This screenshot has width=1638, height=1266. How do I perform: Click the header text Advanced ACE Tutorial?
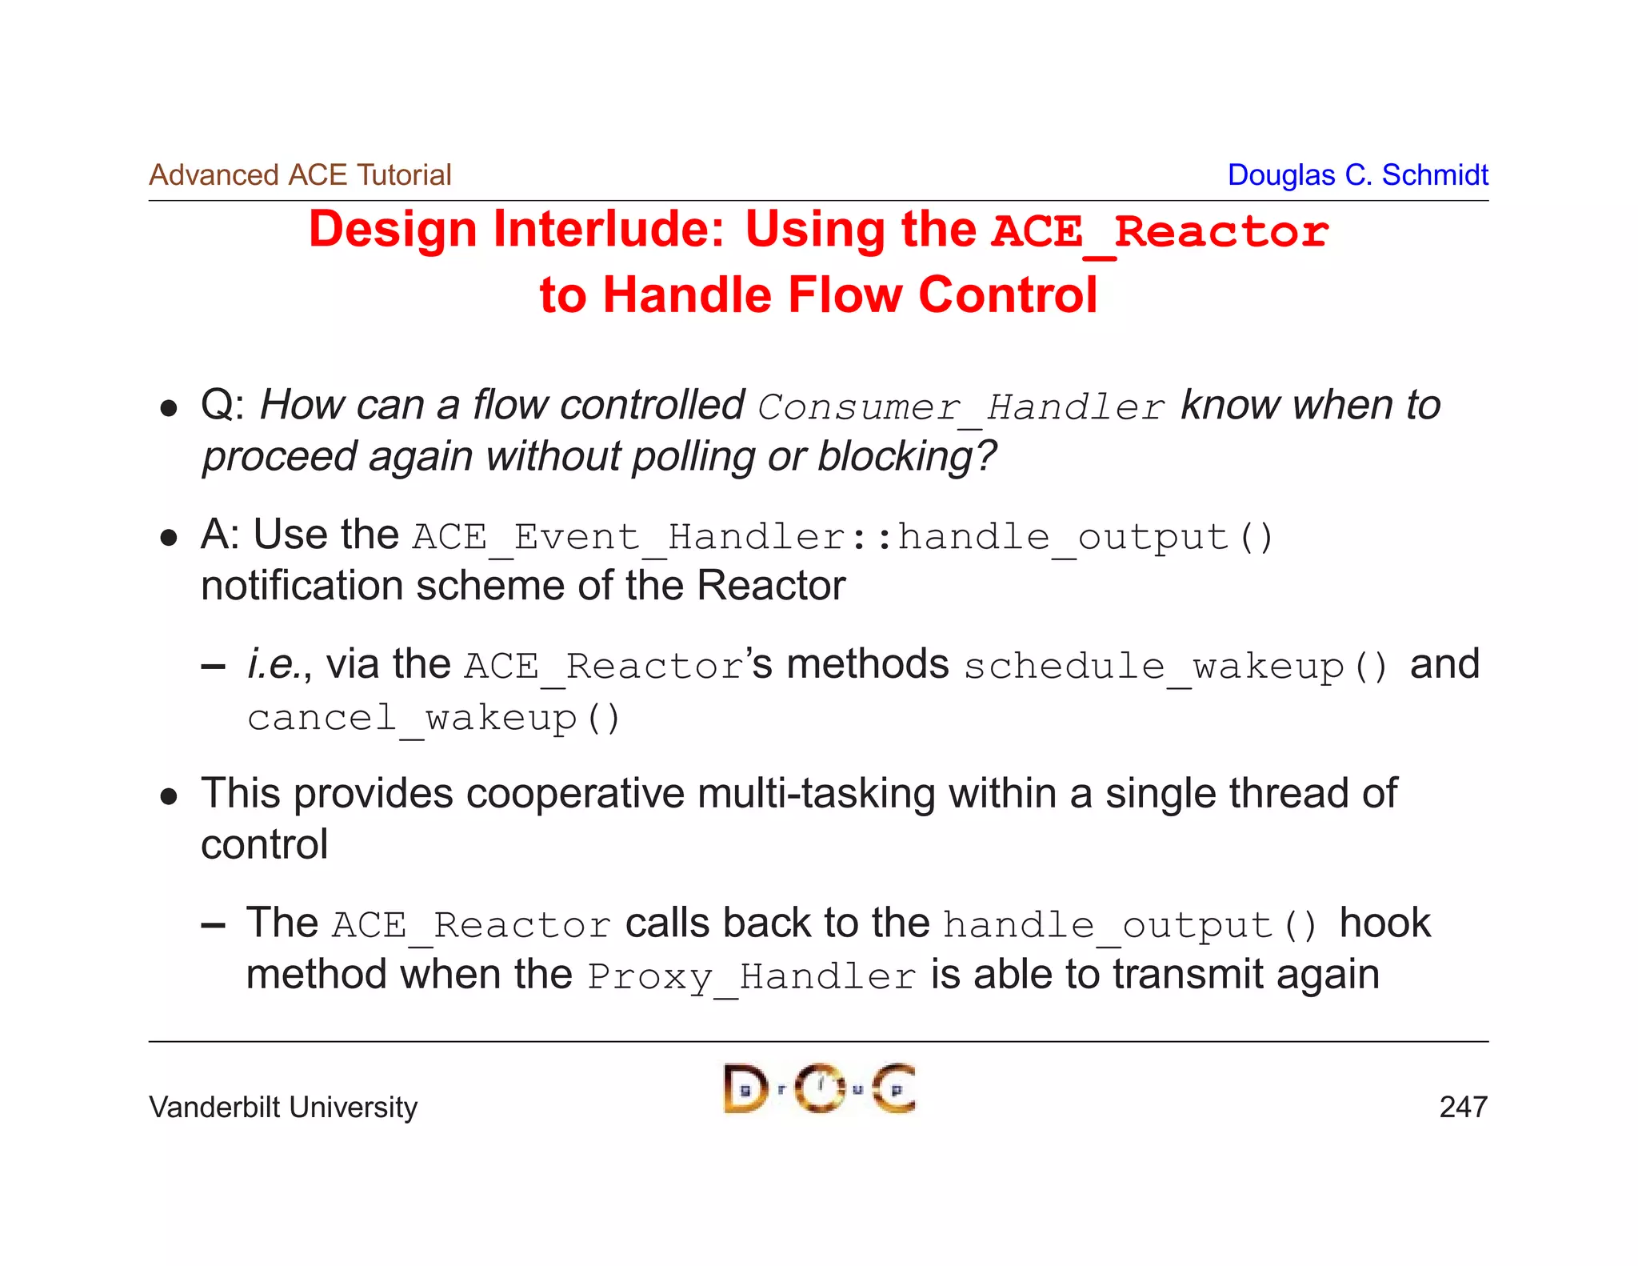coord(300,175)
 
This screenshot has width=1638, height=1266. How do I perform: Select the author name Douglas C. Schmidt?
coord(1357,175)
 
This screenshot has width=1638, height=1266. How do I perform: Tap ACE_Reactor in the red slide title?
coord(1160,232)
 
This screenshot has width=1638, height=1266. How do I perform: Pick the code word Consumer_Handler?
coord(961,407)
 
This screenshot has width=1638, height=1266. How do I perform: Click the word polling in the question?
coord(693,457)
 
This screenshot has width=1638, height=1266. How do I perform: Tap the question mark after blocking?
coord(986,456)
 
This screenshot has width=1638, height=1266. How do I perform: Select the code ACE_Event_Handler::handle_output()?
coord(843,537)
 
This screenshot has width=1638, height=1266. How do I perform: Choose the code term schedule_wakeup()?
coord(1176,667)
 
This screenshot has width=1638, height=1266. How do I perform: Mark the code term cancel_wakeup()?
coord(433,718)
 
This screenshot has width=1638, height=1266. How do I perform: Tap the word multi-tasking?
coord(816,795)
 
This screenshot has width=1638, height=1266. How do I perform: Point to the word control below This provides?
coord(264,845)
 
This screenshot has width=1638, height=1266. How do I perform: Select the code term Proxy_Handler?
coord(751,977)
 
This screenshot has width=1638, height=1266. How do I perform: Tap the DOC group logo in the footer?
coord(819,1088)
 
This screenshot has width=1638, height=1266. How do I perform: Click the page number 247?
coord(1463,1108)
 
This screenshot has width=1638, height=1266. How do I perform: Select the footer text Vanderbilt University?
coord(283,1108)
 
